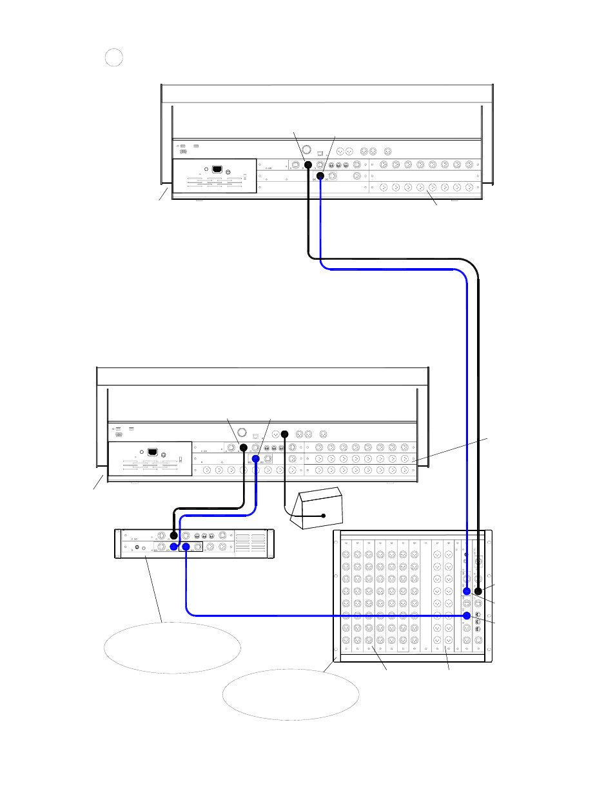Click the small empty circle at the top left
(x=113, y=58)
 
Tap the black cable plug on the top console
(x=308, y=165)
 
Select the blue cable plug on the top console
(x=320, y=176)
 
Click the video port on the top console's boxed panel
(x=217, y=170)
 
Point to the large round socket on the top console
(x=307, y=150)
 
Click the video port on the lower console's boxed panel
(x=152, y=452)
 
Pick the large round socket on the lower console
(x=242, y=433)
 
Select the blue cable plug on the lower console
(x=256, y=459)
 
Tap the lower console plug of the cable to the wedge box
(x=284, y=434)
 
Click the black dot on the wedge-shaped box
(x=324, y=516)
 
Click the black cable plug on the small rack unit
(x=173, y=536)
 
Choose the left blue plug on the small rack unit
(x=173, y=547)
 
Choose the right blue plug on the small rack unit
(x=186, y=547)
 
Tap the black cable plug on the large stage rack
(x=478, y=591)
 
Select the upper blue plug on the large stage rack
(x=467, y=591)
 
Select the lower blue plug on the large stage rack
(x=467, y=616)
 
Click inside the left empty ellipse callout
(x=172, y=647)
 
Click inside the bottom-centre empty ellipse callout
(x=290, y=694)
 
